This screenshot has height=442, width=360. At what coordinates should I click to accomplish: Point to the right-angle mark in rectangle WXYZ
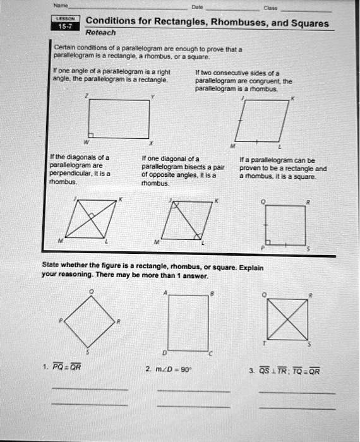91,135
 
